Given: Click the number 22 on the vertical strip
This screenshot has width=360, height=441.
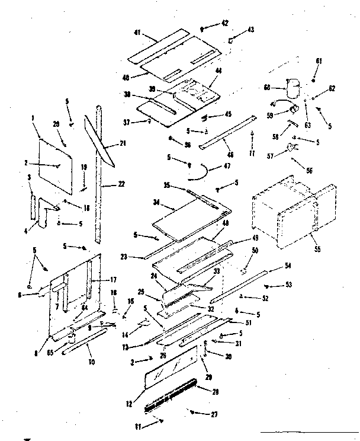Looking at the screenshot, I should click(x=121, y=184).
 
